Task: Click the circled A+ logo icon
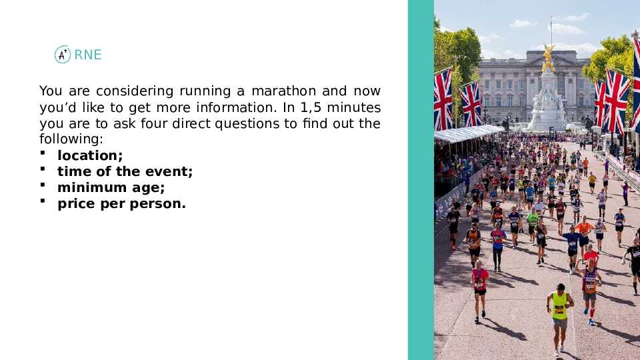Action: pos(63,54)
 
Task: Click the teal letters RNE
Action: pos(88,55)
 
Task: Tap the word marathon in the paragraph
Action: pos(284,91)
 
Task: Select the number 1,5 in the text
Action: pos(311,107)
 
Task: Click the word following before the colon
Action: pos(69,139)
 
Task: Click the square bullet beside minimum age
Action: pos(43,185)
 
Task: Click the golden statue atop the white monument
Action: pos(548,59)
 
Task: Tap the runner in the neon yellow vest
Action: pos(559,319)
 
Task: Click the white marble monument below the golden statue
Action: pos(547,102)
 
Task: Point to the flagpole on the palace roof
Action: pos(551,33)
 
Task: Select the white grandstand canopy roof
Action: pos(468,133)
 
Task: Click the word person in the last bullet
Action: pos(155,204)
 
